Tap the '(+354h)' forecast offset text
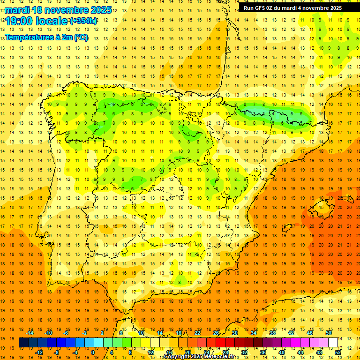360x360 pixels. (x=83, y=21)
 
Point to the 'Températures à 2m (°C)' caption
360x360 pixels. (x=46, y=37)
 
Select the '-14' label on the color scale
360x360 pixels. (x=30, y=333)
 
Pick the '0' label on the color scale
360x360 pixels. (x=92, y=352)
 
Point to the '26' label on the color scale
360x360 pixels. (x=216, y=333)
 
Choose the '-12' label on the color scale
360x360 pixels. (x=39, y=352)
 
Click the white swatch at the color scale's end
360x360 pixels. (x=333, y=343)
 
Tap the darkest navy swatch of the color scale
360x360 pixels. (x=23, y=343)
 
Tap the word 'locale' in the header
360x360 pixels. (x=52, y=21)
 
